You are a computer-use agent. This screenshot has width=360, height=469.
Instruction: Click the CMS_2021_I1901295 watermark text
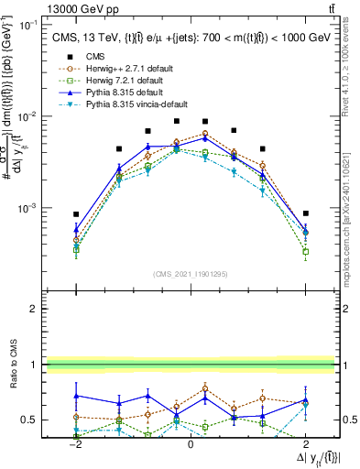point(190,275)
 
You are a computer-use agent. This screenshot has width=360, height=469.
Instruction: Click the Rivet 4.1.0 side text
point(351,65)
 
